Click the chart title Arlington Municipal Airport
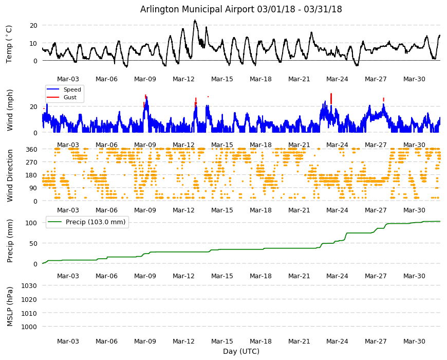point(197,9)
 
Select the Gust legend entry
point(62,97)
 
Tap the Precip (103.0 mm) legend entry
point(87,222)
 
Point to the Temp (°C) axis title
point(9,44)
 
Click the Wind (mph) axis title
point(10,110)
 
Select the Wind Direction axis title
point(10,176)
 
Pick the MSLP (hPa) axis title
point(10,307)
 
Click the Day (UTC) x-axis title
point(241,351)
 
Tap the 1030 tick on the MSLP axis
point(29,285)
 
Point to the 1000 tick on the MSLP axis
point(29,327)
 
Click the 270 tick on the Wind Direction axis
point(31,163)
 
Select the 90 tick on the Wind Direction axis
point(33,188)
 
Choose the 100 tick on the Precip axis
point(31,223)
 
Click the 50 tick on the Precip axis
point(33,243)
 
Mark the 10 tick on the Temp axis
point(33,43)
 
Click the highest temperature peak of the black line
point(195,20)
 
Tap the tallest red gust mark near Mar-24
point(331,99)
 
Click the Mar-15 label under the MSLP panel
point(222,341)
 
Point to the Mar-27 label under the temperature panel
point(376,79)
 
